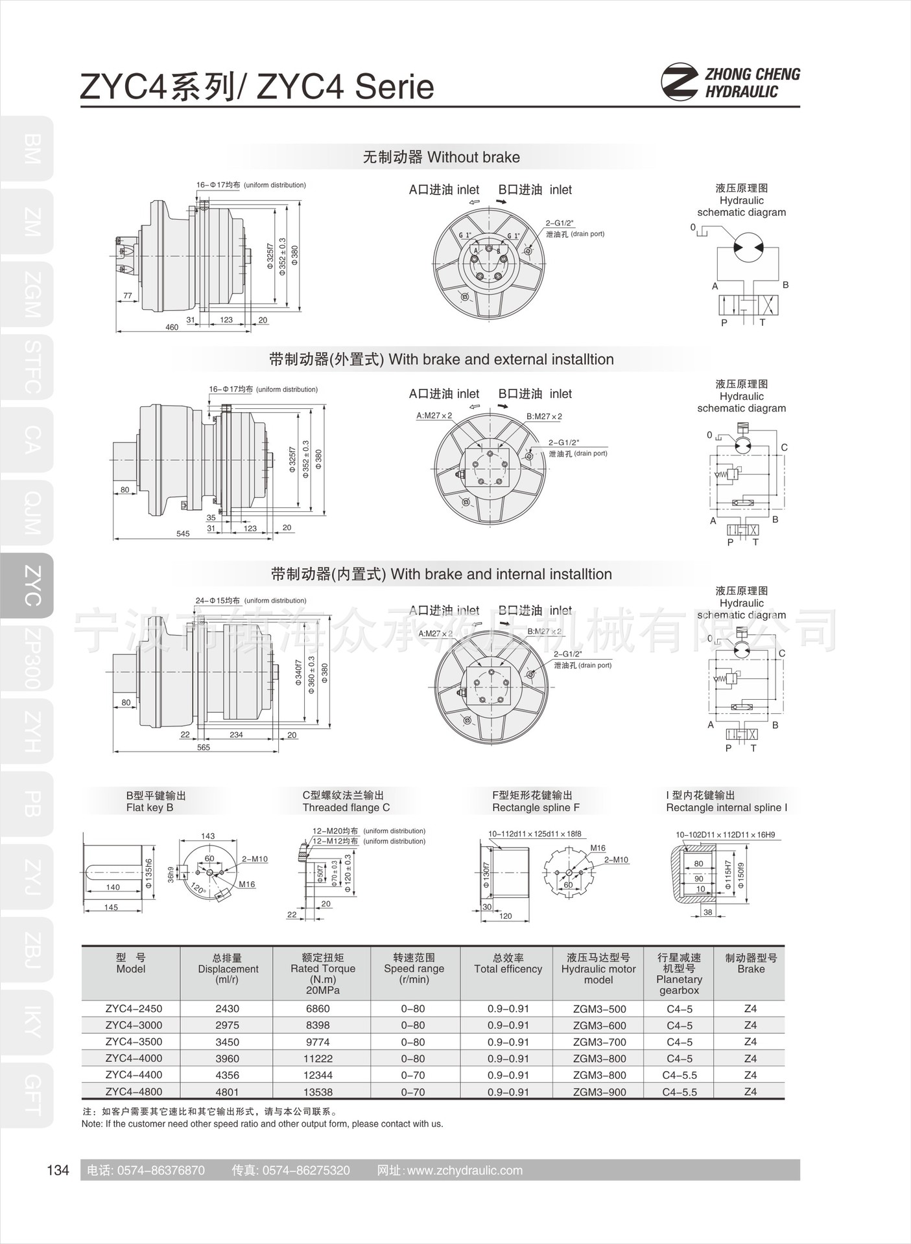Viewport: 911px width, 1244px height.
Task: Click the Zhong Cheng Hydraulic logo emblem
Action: (x=680, y=82)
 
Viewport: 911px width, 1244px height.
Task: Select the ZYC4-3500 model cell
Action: (x=134, y=1042)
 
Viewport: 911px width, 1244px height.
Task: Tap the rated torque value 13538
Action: (x=318, y=1092)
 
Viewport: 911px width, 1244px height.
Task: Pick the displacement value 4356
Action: (x=227, y=1075)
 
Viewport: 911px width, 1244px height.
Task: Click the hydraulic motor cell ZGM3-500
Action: (x=599, y=1009)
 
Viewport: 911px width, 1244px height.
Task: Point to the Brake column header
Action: (x=751, y=963)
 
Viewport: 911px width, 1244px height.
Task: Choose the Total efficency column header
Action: (x=508, y=963)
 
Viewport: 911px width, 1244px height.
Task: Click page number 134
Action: (x=58, y=1170)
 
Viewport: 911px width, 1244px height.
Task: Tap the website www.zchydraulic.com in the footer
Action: (x=450, y=1170)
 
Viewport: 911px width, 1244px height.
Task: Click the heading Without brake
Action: (x=441, y=157)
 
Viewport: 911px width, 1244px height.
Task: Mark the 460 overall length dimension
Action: (x=172, y=327)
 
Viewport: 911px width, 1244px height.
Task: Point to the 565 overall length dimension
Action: (x=204, y=747)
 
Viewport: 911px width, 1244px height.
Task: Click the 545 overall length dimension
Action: (x=183, y=533)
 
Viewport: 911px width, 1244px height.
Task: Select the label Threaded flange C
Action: (x=346, y=807)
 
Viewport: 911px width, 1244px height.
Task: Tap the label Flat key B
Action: (x=150, y=807)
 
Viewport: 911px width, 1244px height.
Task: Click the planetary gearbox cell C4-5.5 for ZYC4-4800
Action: (x=679, y=1092)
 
